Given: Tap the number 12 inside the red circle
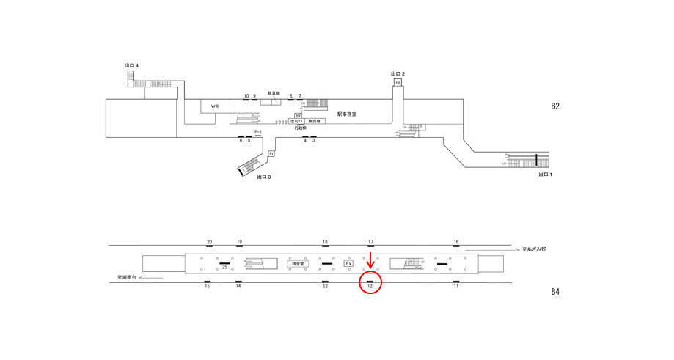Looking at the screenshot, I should (370, 286).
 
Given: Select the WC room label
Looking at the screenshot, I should (215, 106).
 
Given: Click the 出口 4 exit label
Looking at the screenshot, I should (132, 66).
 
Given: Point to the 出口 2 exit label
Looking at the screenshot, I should (398, 74).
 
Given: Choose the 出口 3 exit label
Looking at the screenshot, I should (264, 177).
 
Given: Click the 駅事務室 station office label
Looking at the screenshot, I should (347, 114).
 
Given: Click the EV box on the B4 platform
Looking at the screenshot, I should (348, 263).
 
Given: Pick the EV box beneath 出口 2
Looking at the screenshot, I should (398, 83).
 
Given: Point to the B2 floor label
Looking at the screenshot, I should (555, 106).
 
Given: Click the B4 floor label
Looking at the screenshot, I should (555, 292).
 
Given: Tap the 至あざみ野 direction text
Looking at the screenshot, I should (533, 250).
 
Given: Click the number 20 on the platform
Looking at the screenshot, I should (209, 242).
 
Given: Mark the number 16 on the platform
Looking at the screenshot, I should (455, 242).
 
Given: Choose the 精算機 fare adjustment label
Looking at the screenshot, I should (274, 93).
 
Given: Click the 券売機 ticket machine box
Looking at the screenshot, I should (314, 121).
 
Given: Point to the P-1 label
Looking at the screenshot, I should (258, 132).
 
